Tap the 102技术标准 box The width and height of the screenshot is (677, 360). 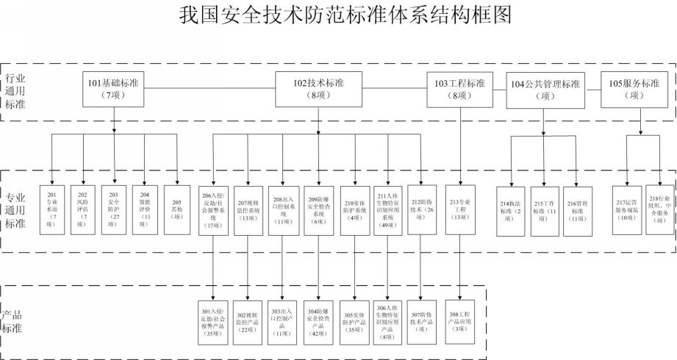click(x=318, y=89)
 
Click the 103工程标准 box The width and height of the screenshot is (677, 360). click(x=460, y=89)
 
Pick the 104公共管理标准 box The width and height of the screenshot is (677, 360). click(x=545, y=89)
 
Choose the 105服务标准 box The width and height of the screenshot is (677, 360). click(x=635, y=89)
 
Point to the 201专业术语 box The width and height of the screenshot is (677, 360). click(x=52, y=209)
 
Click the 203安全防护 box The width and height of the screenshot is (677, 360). click(x=114, y=209)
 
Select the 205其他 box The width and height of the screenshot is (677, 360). click(x=176, y=209)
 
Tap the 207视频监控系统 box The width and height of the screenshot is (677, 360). click(x=250, y=209)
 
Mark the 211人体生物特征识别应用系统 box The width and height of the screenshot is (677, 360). click(x=387, y=209)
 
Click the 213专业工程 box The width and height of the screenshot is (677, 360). click(x=460, y=209)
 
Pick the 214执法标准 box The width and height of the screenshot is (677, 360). click(x=510, y=211)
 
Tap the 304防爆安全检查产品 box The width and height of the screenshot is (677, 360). click(x=319, y=322)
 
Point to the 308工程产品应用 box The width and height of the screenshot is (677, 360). click(x=459, y=322)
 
